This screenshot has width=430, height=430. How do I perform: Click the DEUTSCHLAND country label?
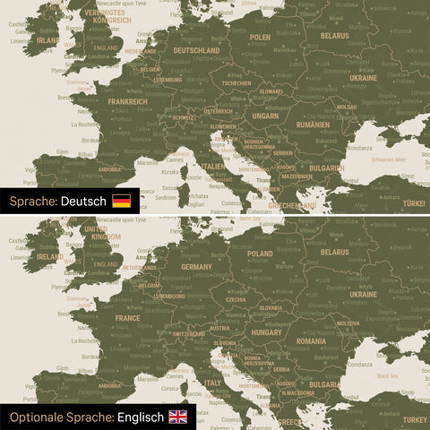(x=196, y=50)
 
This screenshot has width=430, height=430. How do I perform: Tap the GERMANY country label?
(x=196, y=266)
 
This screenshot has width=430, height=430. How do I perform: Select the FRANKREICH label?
(x=127, y=101)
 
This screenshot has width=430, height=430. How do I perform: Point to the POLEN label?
(x=260, y=38)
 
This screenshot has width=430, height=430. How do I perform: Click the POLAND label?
(x=260, y=254)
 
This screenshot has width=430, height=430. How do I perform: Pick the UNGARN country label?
(x=264, y=116)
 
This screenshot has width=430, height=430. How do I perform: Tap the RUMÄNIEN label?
(x=312, y=125)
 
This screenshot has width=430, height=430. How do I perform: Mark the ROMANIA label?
(x=311, y=340)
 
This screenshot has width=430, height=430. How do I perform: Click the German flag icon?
(x=121, y=201)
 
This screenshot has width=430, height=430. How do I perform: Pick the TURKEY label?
(x=415, y=419)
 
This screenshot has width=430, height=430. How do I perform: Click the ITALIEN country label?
(x=212, y=166)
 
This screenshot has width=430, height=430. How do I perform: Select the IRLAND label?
(x=47, y=40)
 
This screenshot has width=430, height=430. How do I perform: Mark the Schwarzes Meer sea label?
(x=388, y=159)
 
